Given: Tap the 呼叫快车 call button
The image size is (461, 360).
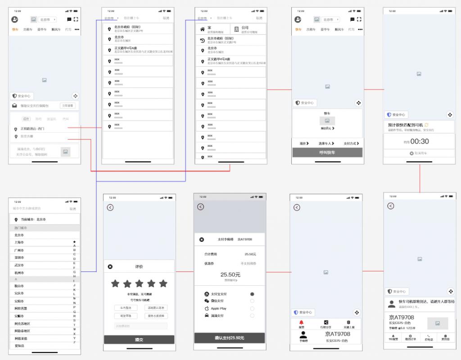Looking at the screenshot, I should (x=327, y=153).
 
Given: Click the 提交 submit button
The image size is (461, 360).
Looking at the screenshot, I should (x=139, y=340).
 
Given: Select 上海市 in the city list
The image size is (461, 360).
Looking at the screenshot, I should (x=19, y=242).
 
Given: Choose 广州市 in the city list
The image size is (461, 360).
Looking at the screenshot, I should (x=19, y=250).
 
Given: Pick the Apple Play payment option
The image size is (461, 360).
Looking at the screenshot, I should (x=218, y=308).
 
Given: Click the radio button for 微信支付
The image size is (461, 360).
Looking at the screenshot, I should (x=252, y=301).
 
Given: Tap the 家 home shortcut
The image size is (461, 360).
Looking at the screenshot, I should (x=212, y=29).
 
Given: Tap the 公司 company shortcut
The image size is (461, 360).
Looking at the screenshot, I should (x=248, y=29).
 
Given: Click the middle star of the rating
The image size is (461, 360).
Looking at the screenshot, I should (x=139, y=283).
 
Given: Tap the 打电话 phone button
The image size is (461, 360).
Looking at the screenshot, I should (x=429, y=337).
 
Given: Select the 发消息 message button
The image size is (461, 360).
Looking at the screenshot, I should (x=445, y=337).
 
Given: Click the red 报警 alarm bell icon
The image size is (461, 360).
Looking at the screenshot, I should (x=301, y=323).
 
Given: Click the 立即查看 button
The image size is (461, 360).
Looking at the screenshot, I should (x=68, y=106).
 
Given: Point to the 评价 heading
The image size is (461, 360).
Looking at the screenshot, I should (x=139, y=267).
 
